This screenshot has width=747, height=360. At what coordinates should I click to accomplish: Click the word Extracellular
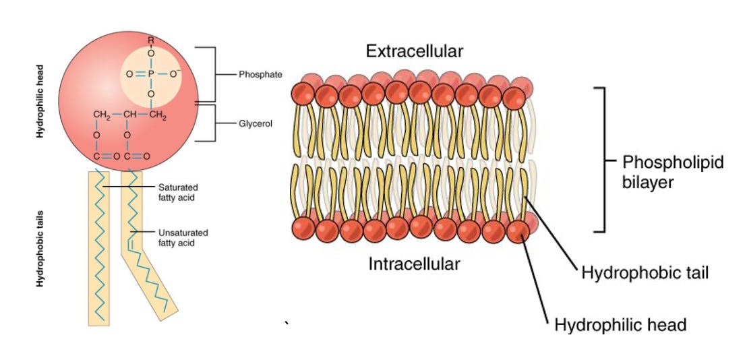(x=414, y=51)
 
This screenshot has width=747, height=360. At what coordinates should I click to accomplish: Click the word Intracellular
(x=414, y=263)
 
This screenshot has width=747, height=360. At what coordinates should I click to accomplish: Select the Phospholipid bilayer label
(x=664, y=172)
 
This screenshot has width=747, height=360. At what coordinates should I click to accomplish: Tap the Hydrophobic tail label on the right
(x=644, y=274)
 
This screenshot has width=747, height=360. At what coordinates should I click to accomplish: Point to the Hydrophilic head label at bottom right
(x=620, y=325)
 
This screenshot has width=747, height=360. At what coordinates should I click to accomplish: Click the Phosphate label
(x=260, y=74)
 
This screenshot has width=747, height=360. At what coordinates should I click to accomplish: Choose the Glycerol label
(x=256, y=124)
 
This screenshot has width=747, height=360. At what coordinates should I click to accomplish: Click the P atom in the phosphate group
(x=151, y=72)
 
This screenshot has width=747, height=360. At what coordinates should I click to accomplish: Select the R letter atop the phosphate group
(x=151, y=42)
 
